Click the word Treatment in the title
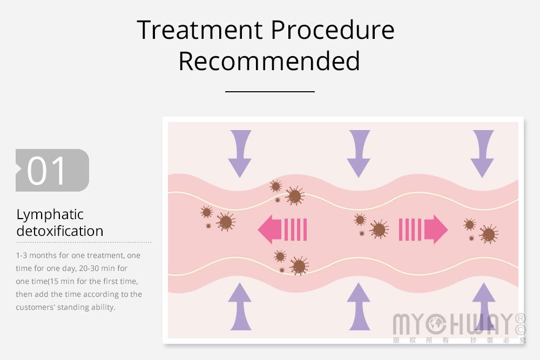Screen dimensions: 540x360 pyautogui.click(x=200, y=30)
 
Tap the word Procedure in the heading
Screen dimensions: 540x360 pyautogui.click(x=333, y=30)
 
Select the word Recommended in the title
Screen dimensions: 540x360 pyautogui.click(x=269, y=61)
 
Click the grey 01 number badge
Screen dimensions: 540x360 pyautogui.click(x=52, y=171)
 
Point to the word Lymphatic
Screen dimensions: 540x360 pyautogui.click(x=50, y=215)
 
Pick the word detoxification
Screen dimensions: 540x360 pyautogui.click(x=60, y=231)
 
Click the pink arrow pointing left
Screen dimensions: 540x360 pyautogui.click(x=282, y=229)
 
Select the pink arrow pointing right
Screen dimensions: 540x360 pyautogui.click(x=423, y=229)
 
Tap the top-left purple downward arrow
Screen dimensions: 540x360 pyautogui.click(x=240, y=153)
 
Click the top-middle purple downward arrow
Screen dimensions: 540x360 pyautogui.click(x=359, y=153)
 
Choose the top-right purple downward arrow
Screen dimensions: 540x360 pyautogui.click(x=482, y=153)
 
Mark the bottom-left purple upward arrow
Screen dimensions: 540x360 pyautogui.click(x=240, y=307)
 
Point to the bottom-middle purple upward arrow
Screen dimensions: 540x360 pyautogui.click(x=359, y=307)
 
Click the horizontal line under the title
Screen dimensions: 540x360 pyautogui.click(x=270, y=92)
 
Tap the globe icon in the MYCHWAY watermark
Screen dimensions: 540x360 pyautogui.click(x=436, y=324)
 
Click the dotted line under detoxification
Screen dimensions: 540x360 pyautogui.click(x=84, y=242)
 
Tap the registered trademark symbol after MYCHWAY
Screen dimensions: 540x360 pyautogui.click(x=521, y=318)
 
